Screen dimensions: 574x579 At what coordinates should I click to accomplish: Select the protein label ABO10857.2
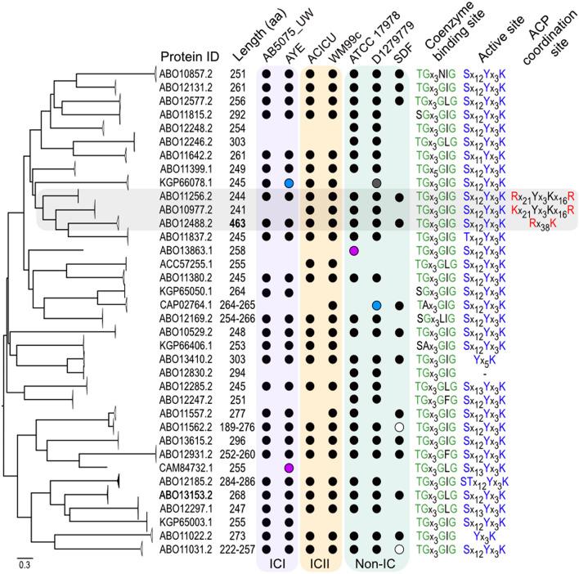[x=186, y=74]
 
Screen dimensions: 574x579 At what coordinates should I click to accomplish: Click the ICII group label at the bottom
[x=321, y=564]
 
